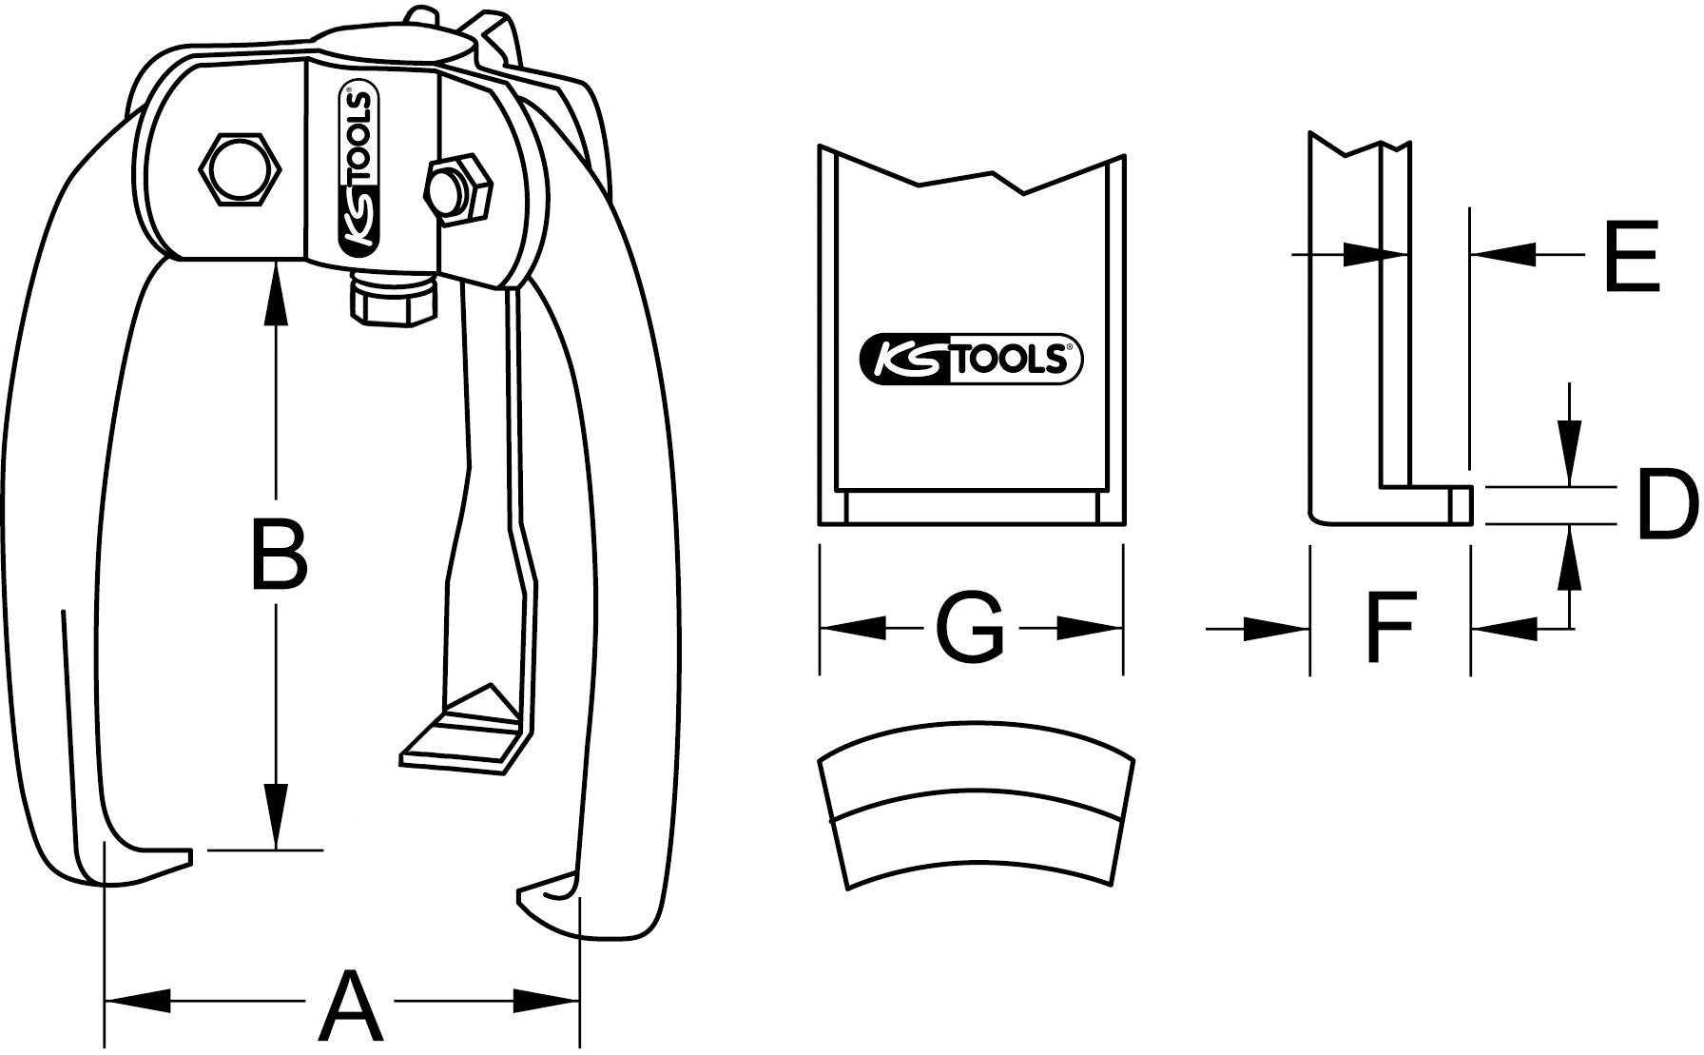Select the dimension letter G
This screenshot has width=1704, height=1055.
[x=970, y=629]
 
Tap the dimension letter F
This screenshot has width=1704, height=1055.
[x=1389, y=628]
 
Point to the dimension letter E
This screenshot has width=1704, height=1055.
[x=1631, y=255]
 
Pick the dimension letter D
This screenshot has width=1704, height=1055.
[x=1667, y=505]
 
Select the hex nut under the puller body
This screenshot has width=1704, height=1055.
[x=392, y=300]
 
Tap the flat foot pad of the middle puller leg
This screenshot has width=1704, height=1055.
[x=461, y=733]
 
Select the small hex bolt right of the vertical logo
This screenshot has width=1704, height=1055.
[x=458, y=190]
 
